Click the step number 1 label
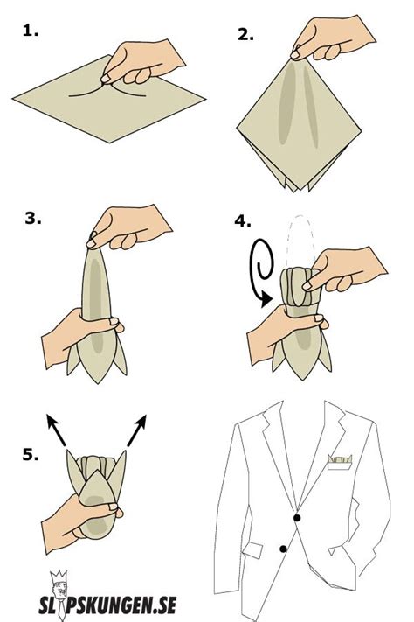pos(30,31)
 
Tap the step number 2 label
pos(245,34)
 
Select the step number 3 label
pos(33,218)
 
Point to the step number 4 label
pos(243,221)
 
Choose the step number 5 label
pos(31,454)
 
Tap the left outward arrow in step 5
pos(56,430)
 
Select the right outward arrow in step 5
pos(137,430)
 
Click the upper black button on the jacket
pos(297,518)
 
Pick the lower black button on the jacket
pos(283,549)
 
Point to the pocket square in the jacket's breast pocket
pos(340,460)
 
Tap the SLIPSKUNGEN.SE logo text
pos(107,605)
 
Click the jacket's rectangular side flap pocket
pos(252,550)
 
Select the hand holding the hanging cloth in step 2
pos(332,38)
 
